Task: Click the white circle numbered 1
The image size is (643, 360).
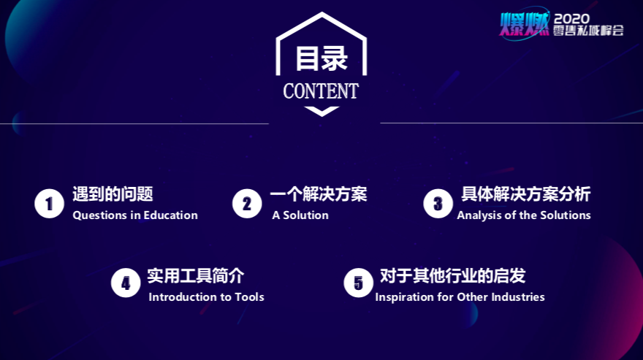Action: point(49,204)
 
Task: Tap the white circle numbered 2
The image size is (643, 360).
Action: point(247,204)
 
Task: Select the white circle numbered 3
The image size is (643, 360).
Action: point(438,204)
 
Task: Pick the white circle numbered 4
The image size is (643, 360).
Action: point(126,283)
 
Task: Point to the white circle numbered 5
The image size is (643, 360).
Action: point(359,283)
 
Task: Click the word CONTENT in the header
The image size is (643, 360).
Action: point(321,91)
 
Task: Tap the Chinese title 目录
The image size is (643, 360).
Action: point(321,58)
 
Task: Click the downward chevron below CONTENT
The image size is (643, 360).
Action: point(321,111)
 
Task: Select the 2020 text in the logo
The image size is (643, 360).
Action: point(571,18)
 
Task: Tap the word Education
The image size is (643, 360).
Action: point(170,215)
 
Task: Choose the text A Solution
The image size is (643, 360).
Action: point(300,215)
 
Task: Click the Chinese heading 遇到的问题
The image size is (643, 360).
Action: point(113,194)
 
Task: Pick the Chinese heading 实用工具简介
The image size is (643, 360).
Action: point(196,275)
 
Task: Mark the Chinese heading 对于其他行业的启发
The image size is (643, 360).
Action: point(453,275)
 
